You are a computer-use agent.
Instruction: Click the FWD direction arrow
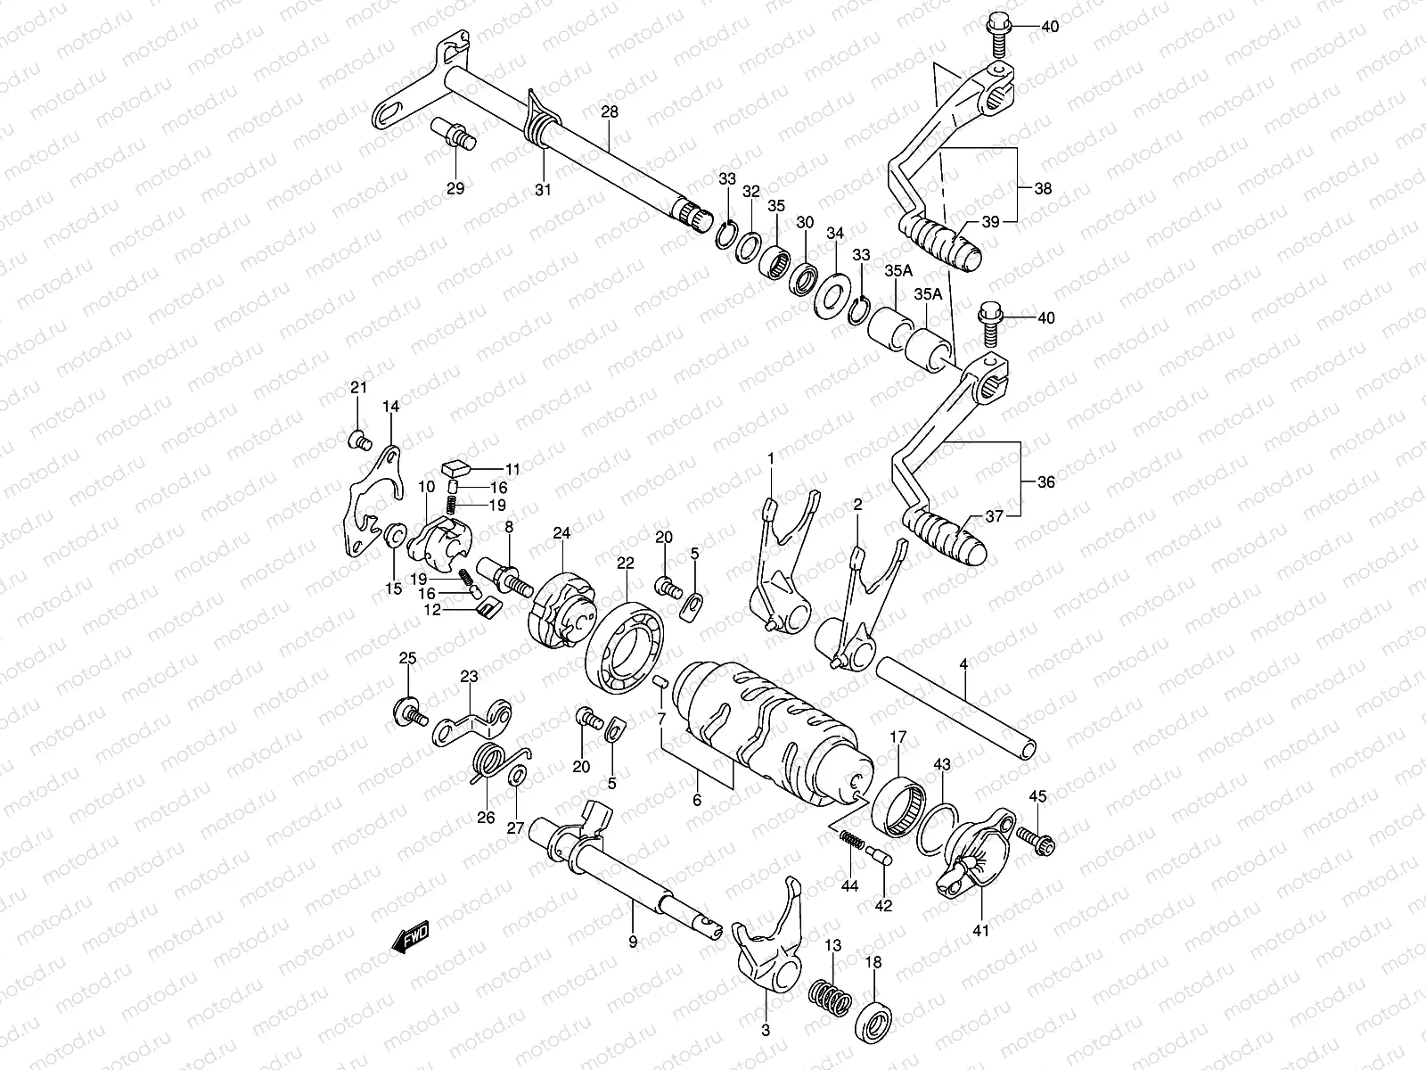[x=411, y=937]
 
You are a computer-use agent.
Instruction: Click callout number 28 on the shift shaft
[x=609, y=113]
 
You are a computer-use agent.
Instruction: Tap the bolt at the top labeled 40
[x=998, y=34]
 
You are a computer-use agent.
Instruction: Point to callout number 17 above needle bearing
[x=897, y=737]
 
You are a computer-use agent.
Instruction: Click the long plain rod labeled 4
[x=958, y=708]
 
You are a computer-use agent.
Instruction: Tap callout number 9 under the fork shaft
[x=632, y=941]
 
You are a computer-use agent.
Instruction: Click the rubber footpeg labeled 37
[x=946, y=535]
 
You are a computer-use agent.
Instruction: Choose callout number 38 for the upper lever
[x=1042, y=189]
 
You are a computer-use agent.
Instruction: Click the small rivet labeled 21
[x=358, y=438]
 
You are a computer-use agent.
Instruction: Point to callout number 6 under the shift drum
[x=696, y=801]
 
